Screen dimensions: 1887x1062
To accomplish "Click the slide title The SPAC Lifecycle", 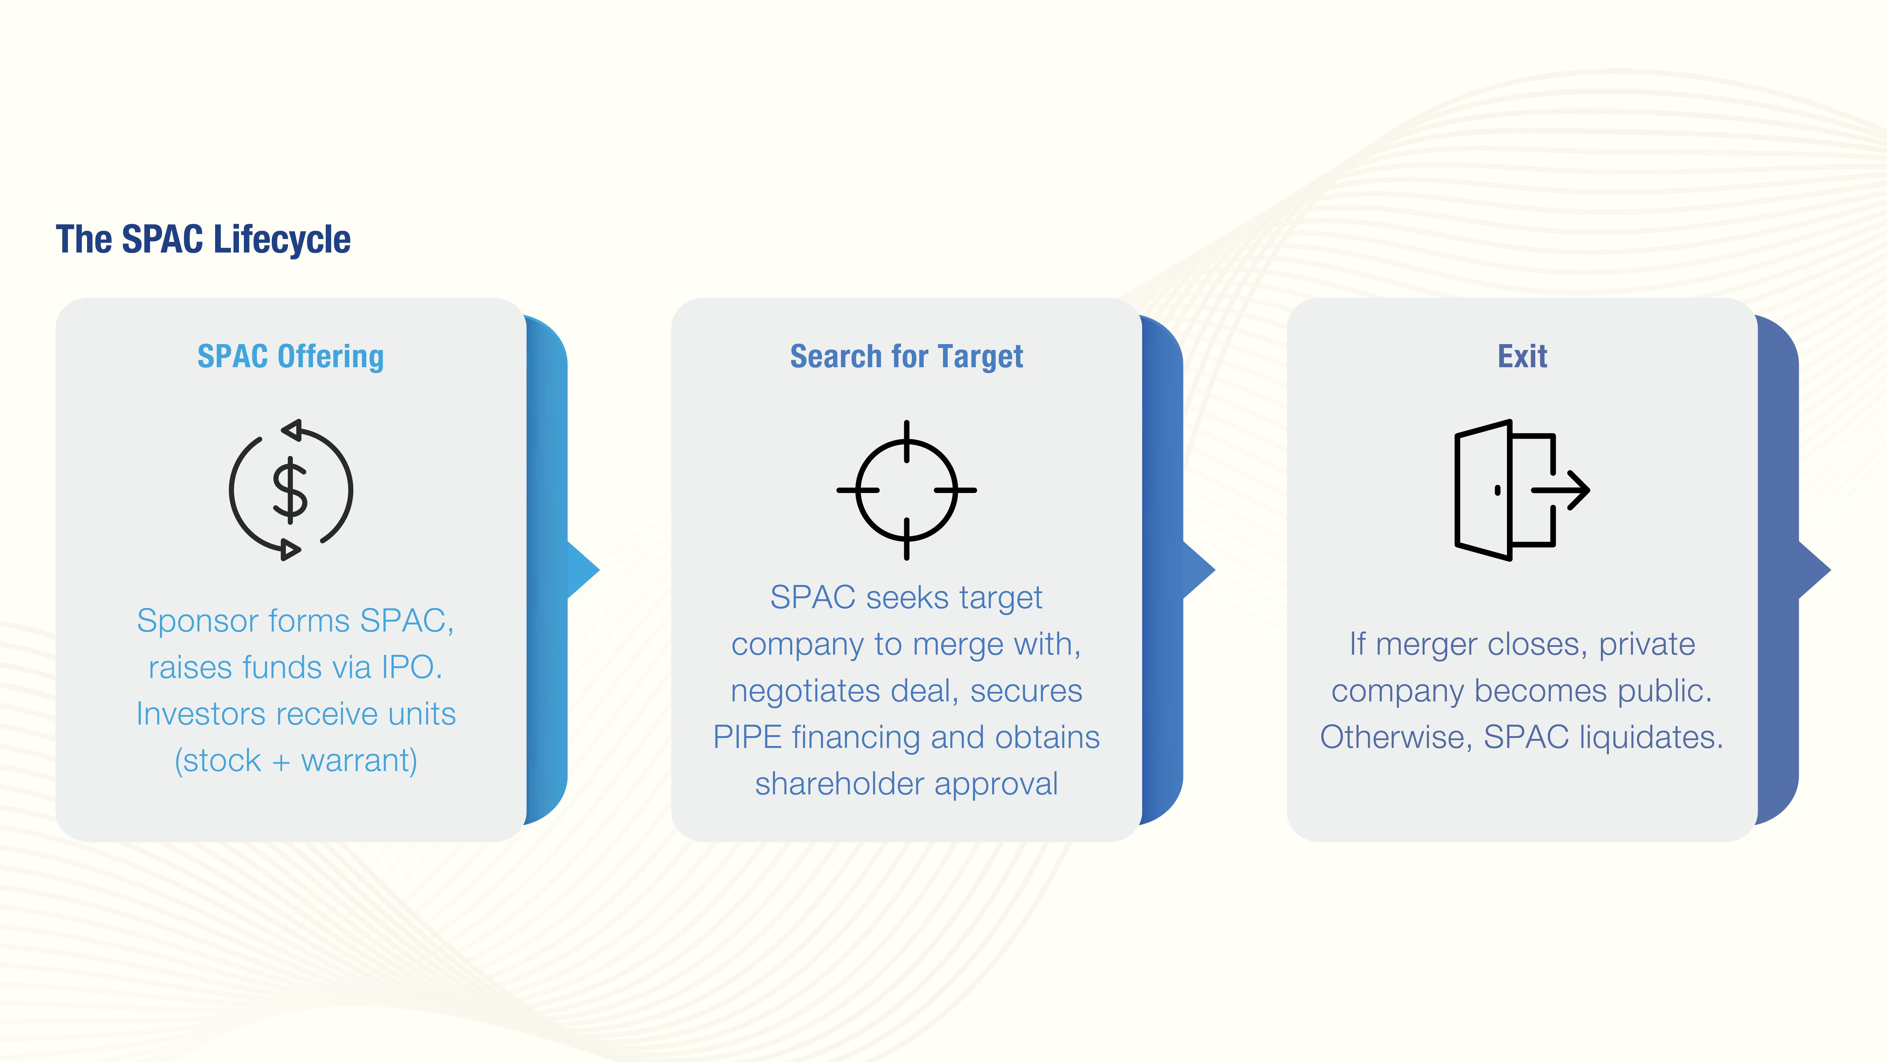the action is pyautogui.click(x=203, y=240).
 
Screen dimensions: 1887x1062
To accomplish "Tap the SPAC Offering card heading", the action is pyautogui.click(x=291, y=357).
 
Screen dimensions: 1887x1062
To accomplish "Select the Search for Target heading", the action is pyautogui.click(x=906, y=357).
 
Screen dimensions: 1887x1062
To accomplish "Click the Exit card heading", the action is pyautogui.click(x=1522, y=357).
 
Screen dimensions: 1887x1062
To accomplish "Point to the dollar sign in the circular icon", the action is pyautogui.click(x=290, y=490).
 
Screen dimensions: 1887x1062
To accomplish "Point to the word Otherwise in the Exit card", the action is pyautogui.click(x=1396, y=737).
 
